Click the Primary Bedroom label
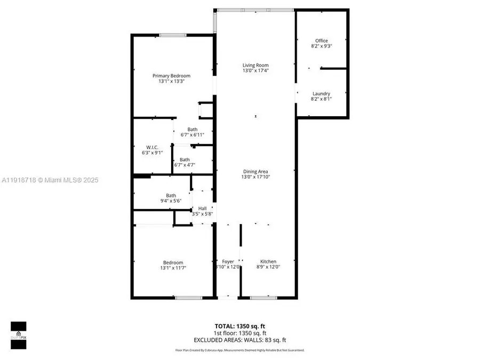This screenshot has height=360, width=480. pyautogui.click(x=171, y=76)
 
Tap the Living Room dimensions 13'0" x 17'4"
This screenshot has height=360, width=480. pyautogui.click(x=255, y=70)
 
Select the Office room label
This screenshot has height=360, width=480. pyautogui.click(x=321, y=41)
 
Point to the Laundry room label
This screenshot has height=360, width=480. pyautogui.click(x=321, y=93)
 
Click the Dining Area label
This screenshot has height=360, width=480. pyautogui.click(x=255, y=171)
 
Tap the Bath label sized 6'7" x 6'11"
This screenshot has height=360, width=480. pyautogui.click(x=192, y=130)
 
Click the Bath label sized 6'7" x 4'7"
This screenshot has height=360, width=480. pyautogui.click(x=185, y=159)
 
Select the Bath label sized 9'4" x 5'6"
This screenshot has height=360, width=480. pyautogui.click(x=171, y=195)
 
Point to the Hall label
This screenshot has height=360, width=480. pyautogui.click(x=203, y=208)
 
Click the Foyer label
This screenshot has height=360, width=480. pyautogui.click(x=228, y=261)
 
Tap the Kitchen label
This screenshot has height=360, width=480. pyautogui.click(x=268, y=261)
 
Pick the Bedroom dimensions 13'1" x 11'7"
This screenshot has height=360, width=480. pyautogui.click(x=173, y=268)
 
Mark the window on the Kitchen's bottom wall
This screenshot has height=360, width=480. pyautogui.click(x=260, y=297)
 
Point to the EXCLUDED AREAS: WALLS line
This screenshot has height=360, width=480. pyautogui.click(x=239, y=339)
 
